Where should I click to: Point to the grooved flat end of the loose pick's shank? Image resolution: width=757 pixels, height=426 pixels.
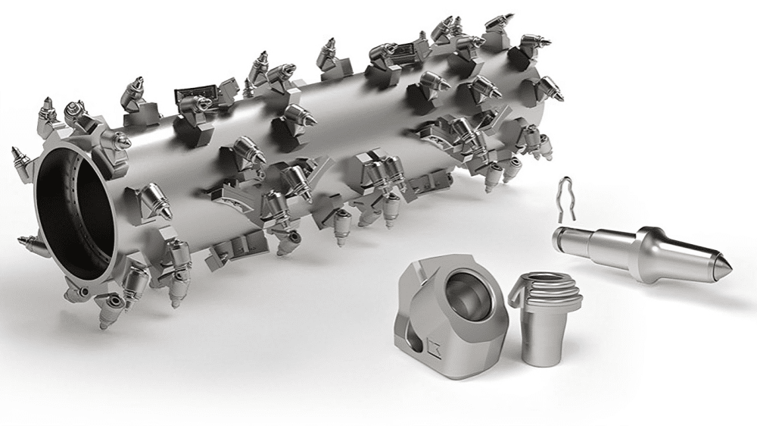coord(558,236)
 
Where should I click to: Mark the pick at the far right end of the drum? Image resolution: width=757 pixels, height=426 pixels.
coord(553,92)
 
